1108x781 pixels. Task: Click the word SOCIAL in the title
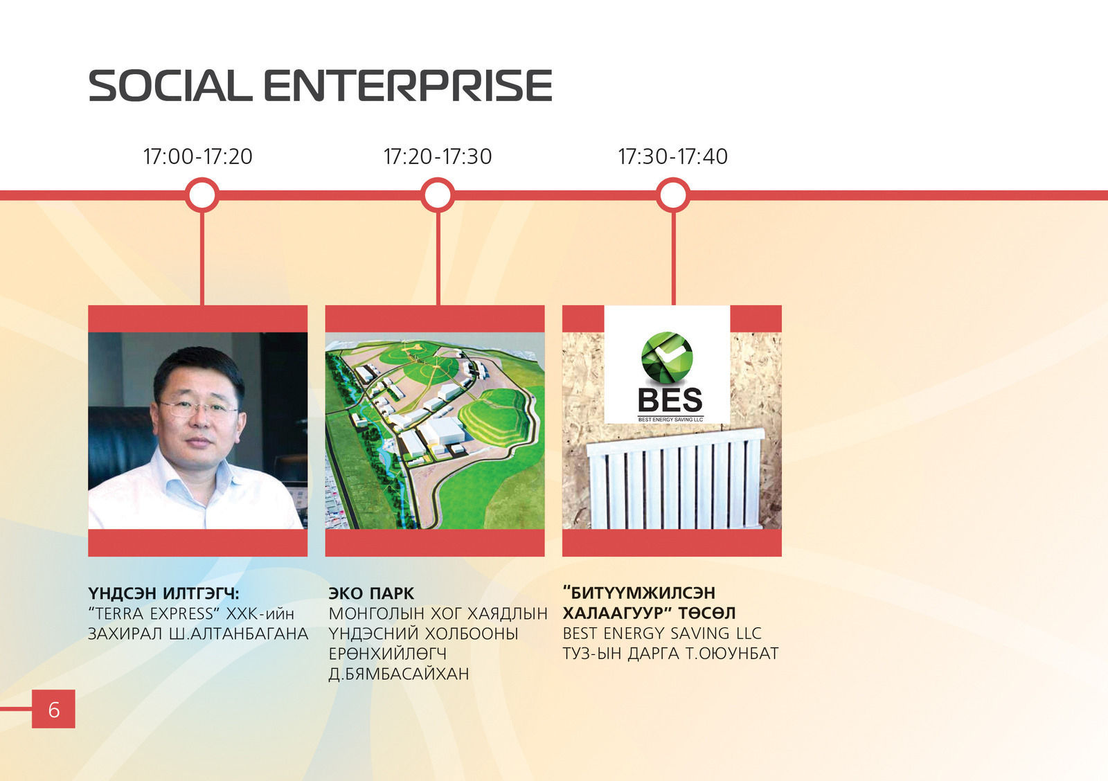(x=170, y=86)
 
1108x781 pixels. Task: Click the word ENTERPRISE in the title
(x=408, y=86)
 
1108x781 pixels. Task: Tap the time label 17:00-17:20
(x=198, y=156)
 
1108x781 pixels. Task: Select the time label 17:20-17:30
(x=438, y=156)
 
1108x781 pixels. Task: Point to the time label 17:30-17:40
(x=672, y=156)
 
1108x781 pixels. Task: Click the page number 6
(x=54, y=710)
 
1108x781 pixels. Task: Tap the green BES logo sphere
(x=667, y=357)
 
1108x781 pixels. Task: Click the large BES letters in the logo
(x=670, y=400)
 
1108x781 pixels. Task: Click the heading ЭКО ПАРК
(x=371, y=593)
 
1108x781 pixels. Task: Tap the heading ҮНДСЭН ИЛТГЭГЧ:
(x=163, y=593)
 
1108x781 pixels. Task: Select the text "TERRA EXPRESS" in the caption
(x=153, y=614)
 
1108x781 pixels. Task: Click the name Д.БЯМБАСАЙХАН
(x=399, y=674)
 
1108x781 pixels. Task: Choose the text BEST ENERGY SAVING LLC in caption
(x=662, y=633)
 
